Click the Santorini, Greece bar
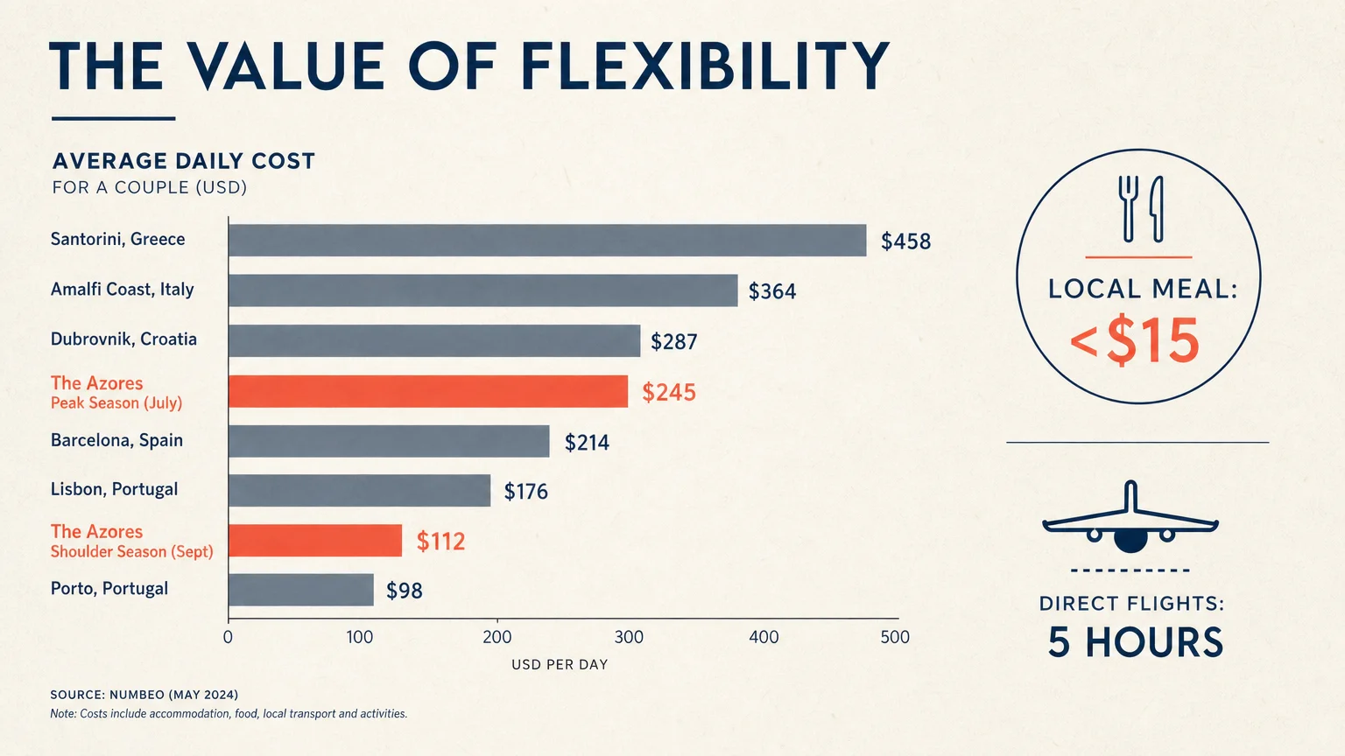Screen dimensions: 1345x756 pos(547,241)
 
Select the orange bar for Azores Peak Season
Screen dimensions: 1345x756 pos(428,391)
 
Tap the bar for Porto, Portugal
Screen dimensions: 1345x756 pos(301,590)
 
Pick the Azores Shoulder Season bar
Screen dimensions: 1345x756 pos(315,541)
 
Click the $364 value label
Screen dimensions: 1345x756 pos(772,291)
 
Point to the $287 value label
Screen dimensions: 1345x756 pos(674,342)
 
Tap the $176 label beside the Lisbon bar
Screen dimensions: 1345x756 pos(526,492)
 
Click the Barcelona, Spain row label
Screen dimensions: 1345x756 pos(116,440)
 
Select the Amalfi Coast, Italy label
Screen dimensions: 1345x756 pos(122,290)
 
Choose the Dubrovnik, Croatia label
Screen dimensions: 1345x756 pos(123,339)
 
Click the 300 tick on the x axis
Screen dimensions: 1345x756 pos(629,637)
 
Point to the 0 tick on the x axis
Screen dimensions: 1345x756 pos(228,637)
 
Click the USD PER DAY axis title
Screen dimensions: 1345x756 pos(560,665)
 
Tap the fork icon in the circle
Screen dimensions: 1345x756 pos(1128,209)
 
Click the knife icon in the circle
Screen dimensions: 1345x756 pos(1157,209)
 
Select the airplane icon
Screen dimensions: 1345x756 pos(1130,516)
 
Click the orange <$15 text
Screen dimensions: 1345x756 pos(1134,340)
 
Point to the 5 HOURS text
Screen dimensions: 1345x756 pos(1135,642)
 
